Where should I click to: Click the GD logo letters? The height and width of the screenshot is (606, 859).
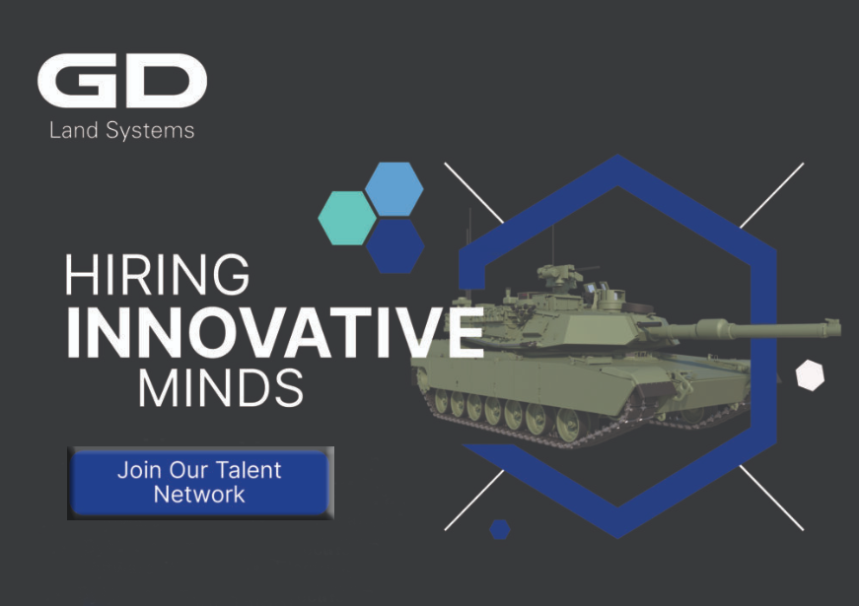(x=122, y=81)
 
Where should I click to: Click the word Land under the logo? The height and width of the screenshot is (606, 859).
(x=74, y=130)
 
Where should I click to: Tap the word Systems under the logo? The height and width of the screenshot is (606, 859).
(x=150, y=131)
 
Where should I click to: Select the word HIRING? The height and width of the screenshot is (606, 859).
(x=157, y=274)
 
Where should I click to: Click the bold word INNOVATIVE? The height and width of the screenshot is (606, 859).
(x=275, y=332)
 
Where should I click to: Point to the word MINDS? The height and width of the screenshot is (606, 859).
(x=221, y=387)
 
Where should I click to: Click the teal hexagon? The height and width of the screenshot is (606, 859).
(x=347, y=218)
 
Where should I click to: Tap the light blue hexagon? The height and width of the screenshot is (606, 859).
(x=394, y=189)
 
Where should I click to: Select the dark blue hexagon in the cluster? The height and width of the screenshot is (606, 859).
(x=395, y=246)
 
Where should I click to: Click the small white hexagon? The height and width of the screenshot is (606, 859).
(x=810, y=375)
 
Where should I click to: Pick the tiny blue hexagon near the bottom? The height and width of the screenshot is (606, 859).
(x=500, y=529)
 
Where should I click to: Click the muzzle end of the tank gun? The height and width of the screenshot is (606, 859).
(x=836, y=327)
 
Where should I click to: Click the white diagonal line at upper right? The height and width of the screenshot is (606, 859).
(x=772, y=195)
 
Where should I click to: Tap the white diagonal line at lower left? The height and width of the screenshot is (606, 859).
(x=473, y=501)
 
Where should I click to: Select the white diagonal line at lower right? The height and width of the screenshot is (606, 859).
(x=772, y=498)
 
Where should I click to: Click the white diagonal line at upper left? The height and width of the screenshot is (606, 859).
(x=473, y=193)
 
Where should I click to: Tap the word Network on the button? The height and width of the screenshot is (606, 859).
(x=199, y=495)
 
